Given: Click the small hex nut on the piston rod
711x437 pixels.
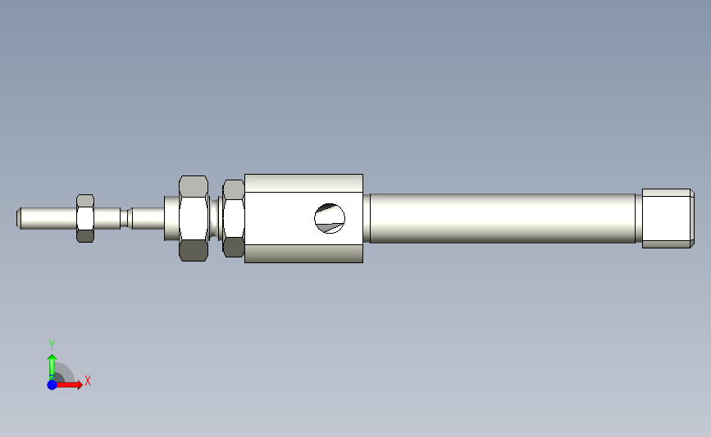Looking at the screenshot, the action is pos(85,218).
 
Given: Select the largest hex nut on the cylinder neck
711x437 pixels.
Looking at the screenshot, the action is pos(194,218).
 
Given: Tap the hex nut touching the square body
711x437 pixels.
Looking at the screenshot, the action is pos(234,218).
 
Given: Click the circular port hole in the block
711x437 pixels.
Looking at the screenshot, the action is pos(330,218).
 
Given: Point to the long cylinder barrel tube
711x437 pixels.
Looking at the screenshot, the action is pos(503,218).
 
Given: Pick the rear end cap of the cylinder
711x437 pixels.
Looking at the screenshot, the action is pos(668,218).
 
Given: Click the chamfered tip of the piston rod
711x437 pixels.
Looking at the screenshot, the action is pos(19,218).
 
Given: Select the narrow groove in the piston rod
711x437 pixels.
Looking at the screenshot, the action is pos(124,218).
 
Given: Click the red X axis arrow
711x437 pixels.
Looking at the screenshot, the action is pos(69,385).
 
